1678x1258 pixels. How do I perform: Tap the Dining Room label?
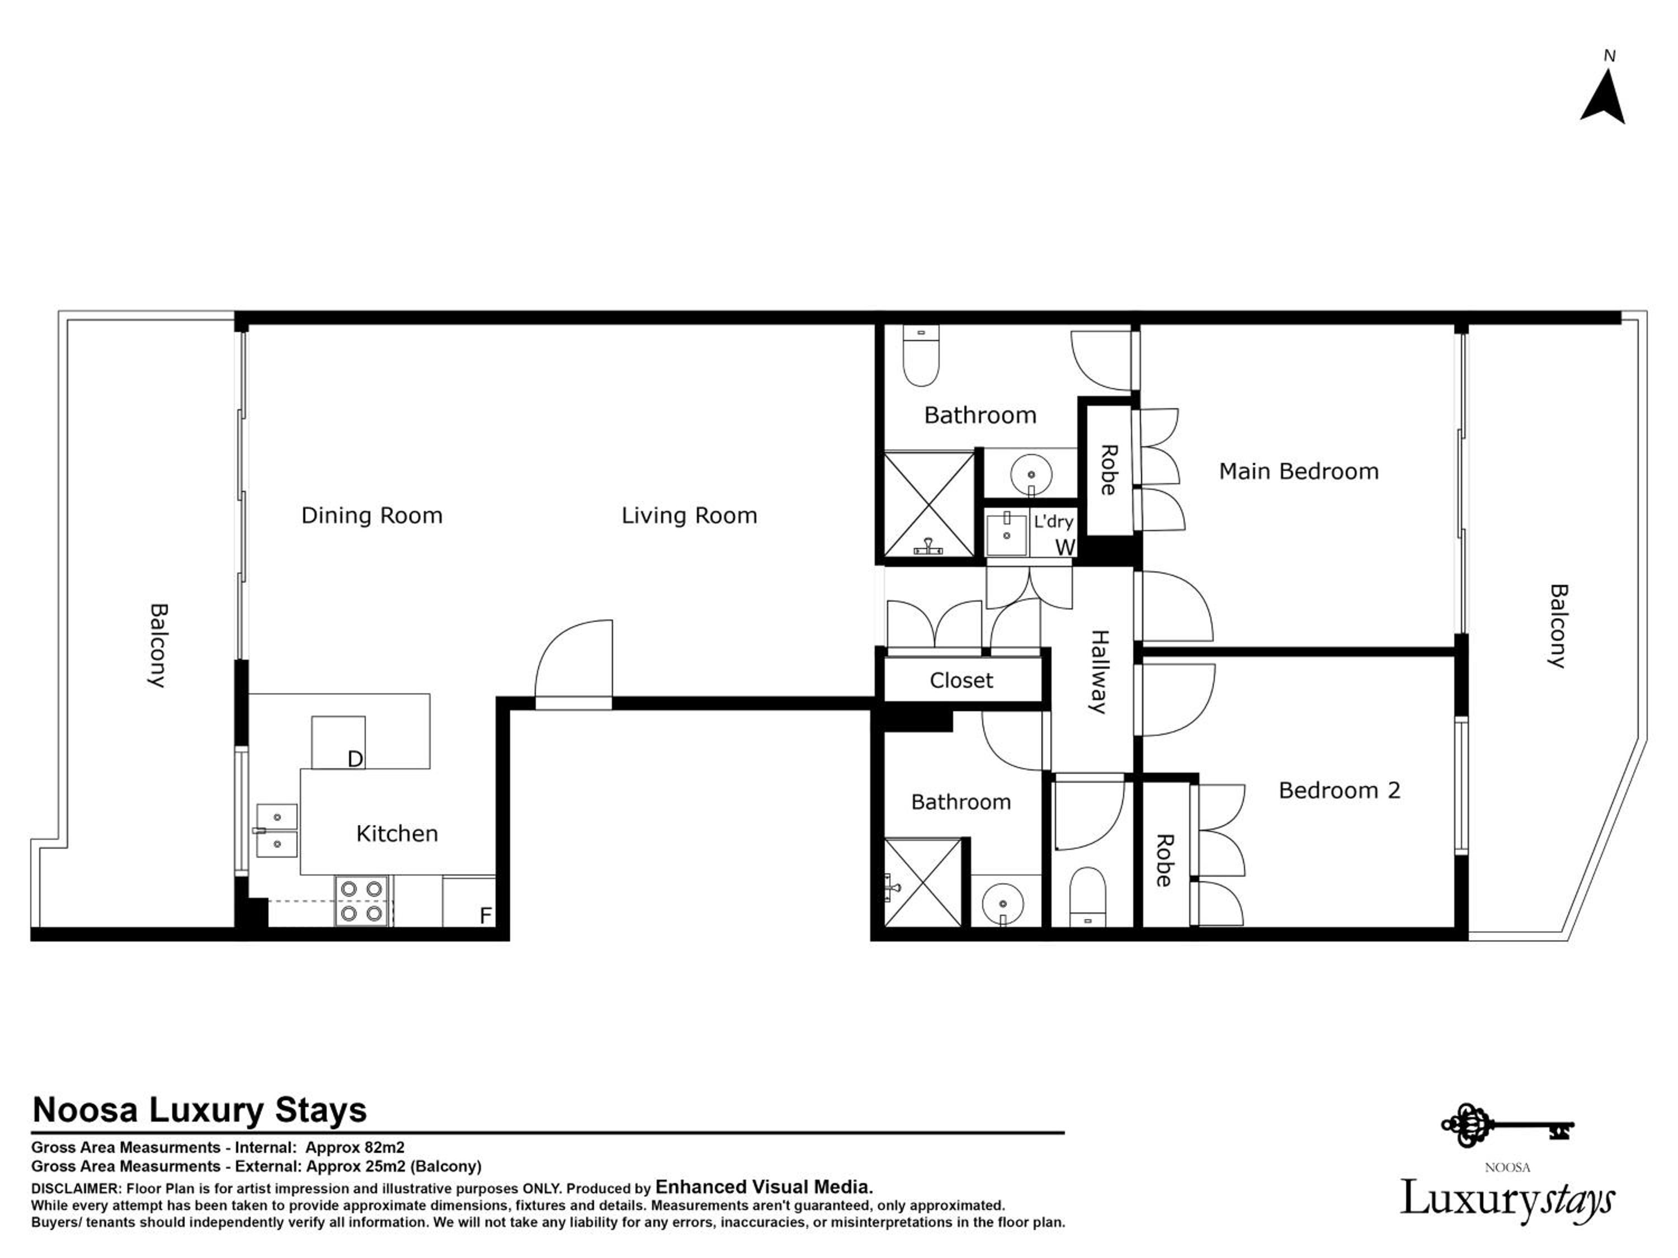[372, 516]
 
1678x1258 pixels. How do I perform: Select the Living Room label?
[689, 516]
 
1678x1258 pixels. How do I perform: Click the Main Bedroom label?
[1298, 472]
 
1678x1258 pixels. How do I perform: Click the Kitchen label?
[397, 834]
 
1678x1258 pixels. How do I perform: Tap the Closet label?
[961, 680]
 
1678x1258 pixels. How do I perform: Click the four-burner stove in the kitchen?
[362, 901]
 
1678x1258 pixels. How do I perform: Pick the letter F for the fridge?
[486, 916]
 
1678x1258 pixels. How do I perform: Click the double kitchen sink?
[276, 830]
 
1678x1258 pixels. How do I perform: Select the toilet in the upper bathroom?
[921, 355]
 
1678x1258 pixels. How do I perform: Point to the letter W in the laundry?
[1064, 547]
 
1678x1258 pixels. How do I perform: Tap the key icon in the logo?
[1506, 1126]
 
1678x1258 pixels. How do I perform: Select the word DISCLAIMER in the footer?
[75, 1188]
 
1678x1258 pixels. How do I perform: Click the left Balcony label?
[157, 645]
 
